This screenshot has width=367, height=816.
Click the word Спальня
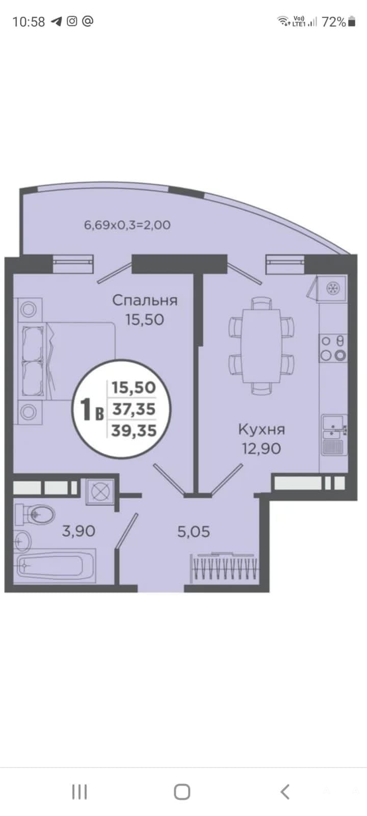[x=145, y=300]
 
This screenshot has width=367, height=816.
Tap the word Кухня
[x=261, y=429]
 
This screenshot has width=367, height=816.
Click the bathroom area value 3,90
[x=78, y=531]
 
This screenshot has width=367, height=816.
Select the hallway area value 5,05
[x=194, y=532]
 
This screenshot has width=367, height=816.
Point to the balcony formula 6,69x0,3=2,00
[x=127, y=225]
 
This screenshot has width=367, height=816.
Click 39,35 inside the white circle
[x=134, y=430]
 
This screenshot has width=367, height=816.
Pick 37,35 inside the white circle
[x=134, y=409]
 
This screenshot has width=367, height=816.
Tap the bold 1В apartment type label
[x=92, y=409]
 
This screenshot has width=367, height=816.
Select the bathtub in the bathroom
[x=55, y=566]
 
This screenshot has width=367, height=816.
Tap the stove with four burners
[x=333, y=348]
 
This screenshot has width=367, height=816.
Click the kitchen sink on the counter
[x=334, y=434]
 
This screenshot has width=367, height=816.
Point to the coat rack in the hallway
[x=224, y=568]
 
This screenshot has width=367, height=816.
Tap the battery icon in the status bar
[x=352, y=21]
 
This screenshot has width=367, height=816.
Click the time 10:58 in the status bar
[x=29, y=22]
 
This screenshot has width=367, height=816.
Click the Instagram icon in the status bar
[x=72, y=21]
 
